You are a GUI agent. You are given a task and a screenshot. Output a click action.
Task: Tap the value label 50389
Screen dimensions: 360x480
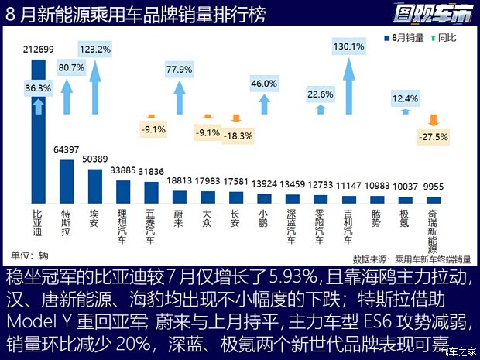click(x=94, y=159)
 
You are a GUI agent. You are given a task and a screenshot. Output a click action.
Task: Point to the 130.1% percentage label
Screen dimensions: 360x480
click(x=348, y=46)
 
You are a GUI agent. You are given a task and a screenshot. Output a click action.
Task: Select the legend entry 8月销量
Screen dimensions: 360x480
click(x=406, y=37)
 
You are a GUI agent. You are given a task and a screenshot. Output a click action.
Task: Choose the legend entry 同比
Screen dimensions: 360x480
click(x=444, y=37)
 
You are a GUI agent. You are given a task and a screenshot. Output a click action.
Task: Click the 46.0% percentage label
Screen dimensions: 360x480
click(x=264, y=84)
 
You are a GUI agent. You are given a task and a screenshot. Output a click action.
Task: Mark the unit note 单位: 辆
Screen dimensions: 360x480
click(x=29, y=255)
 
